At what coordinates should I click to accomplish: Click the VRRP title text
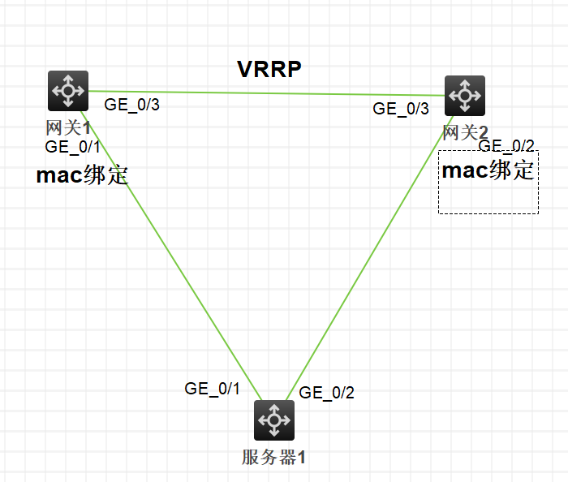(x=269, y=69)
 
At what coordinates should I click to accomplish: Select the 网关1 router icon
(x=68, y=91)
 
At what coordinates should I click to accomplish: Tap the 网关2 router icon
(x=465, y=96)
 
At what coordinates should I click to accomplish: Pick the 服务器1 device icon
(x=274, y=420)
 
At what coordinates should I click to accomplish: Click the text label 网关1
(x=68, y=127)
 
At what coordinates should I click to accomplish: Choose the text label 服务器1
(x=274, y=457)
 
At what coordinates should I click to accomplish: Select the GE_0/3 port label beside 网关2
(x=401, y=109)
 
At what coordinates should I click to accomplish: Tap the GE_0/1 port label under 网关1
(x=73, y=147)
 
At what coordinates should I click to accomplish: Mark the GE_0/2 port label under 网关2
(x=506, y=146)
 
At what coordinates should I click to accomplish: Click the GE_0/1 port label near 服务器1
(x=213, y=389)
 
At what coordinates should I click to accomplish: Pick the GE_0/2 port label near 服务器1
(x=327, y=394)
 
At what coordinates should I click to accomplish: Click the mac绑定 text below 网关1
(x=83, y=175)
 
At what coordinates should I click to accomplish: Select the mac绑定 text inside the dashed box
(x=488, y=170)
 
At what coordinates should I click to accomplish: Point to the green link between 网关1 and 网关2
(x=268, y=93)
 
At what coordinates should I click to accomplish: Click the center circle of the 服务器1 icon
(x=274, y=420)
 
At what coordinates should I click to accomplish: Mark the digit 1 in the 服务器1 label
(x=302, y=457)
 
